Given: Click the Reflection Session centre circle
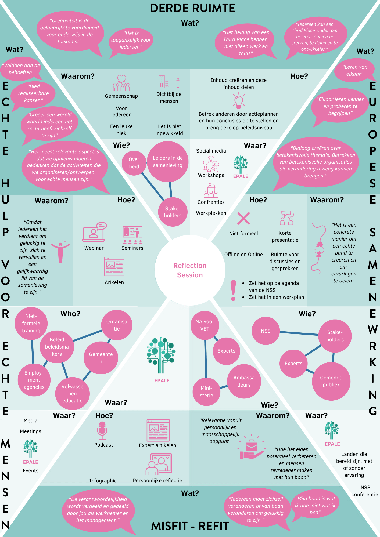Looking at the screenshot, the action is [190, 270].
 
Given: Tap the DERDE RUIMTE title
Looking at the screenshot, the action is [192, 8].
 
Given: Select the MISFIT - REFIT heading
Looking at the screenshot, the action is [190, 526].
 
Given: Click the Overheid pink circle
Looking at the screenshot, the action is [134, 163].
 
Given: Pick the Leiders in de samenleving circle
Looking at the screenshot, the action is [168, 162].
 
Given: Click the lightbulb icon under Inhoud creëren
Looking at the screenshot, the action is [238, 100].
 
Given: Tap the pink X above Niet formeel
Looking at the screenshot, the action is [243, 218].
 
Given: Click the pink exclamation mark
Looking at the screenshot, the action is [233, 291].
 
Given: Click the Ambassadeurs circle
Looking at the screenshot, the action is [244, 381].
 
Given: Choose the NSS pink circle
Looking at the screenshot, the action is [266, 331].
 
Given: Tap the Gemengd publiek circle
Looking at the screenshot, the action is [331, 381].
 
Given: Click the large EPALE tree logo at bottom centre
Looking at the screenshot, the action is [161, 355].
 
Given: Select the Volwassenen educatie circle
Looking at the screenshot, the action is [73, 394].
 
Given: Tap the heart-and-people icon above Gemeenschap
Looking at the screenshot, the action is [121, 83].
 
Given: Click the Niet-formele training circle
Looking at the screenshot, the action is [31, 324].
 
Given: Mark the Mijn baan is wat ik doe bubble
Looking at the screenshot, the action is [315, 505].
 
